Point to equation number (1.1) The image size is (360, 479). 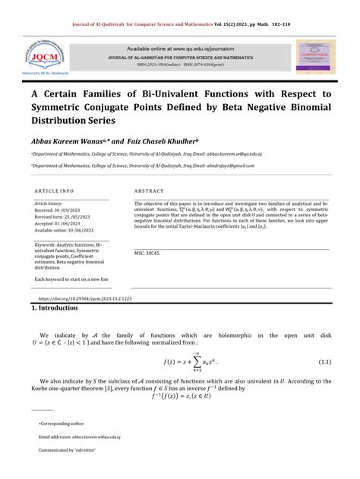coord(324,361)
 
